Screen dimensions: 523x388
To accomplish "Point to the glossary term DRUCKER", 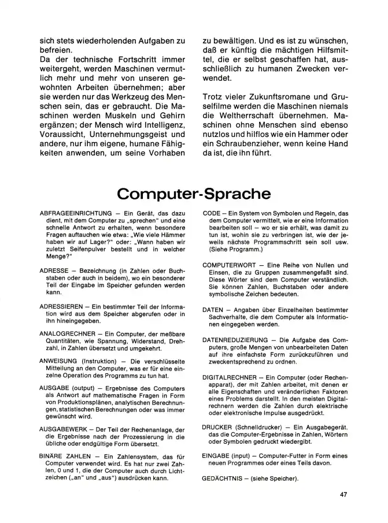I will click(217, 428).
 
